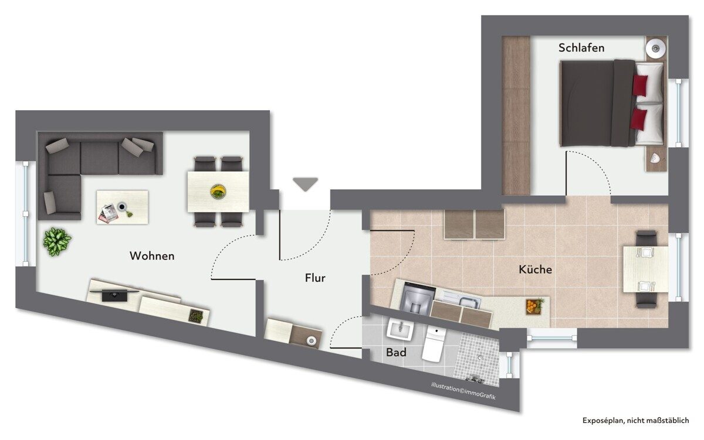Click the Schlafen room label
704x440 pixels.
pos(581,47)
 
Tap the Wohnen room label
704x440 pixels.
pos(152,256)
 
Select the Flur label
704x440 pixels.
pos(315,278)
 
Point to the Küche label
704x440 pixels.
pos(535,270)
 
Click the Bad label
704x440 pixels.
pos(396,352)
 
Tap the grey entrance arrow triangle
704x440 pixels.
pos(306,184)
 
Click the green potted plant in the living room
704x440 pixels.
pos(57,241)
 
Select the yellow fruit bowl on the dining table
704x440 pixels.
pos(218,192)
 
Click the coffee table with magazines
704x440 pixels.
pos(122,207)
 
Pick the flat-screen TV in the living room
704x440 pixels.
pos(114,294)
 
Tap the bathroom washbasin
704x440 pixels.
pos(400,329)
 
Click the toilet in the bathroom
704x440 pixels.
pos(433,344)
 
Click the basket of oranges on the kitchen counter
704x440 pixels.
pos(534,306)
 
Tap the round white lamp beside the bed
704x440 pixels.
pos(656,49)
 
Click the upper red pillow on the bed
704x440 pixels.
pos(640,86)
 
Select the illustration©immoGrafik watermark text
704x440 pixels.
pos(463,391)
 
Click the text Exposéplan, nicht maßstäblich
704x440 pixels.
pos(635,420)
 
